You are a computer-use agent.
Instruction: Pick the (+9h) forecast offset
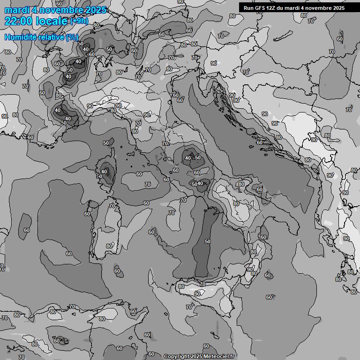click(x=78, y=21)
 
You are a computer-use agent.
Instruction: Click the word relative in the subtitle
click(x=50, y=37)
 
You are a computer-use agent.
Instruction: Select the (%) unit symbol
click(x=72, y=37)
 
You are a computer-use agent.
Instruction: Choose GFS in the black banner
click(x=261, y=8)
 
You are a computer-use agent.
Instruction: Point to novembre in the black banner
click(x=317, y=8)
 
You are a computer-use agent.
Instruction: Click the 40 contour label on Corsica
click(x=104, y=172)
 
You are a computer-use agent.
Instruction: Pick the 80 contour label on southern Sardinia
click(x=109, y=246)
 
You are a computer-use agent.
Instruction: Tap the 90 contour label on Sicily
click(x=197, y=294)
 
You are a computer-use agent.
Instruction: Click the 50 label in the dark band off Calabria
click(x=208, y=241)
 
